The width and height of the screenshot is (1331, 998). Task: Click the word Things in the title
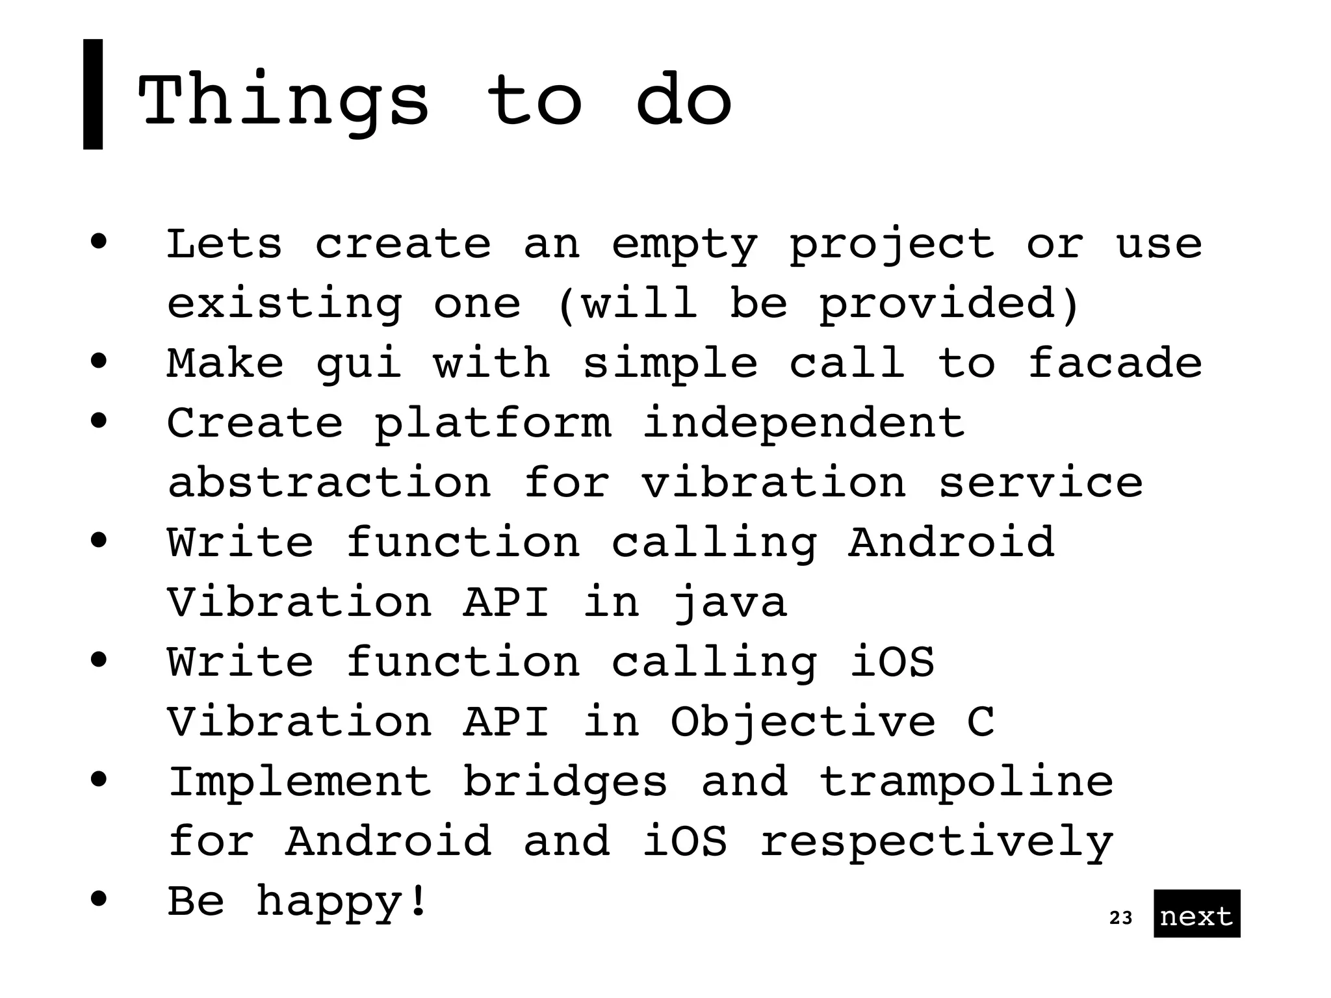pyautogui.click(x=283, y=101)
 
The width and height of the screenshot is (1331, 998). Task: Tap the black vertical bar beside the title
pyautogui.click(x=93, y=94)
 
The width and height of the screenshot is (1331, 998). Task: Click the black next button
pyautogui.click(x=1196, y=913)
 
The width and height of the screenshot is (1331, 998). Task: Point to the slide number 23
pyautogui.click(x=1120, y=917)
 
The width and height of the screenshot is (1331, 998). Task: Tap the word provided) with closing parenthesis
pyautogui.click(x=948, y=304)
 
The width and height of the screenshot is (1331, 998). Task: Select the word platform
pyautogui.click(x=493, y=424)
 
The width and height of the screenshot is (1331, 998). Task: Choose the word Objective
pyautogui.click(x=803, y=723)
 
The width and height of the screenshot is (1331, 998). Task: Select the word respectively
pyautogui.click(x=937, y=842)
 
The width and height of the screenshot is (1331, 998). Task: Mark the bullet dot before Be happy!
pyautogui.click(x=99, y=899)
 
